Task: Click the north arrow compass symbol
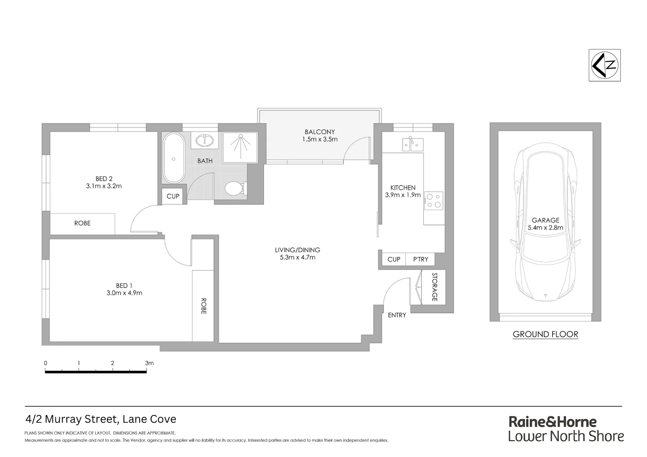pyautogui.click(x=605, y=65)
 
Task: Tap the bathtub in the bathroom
pyautogui.click(x=173, y=158)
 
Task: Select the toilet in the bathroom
pyautogui.click(x=235, y=188)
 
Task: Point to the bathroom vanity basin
pyautogui.click(x=205, y=140)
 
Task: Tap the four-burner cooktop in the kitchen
pyautogui.click(x=434, y=201)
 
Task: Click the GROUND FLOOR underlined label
pyautogui.click(x=545, y=334)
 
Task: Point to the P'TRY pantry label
pyautogui.click(x=420, y=259)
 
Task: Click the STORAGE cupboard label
pyautogui.click(x=434, y=287)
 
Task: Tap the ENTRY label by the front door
pyautogui.click(x=397, y=315)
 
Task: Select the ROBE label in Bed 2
pyautogui.click(x=82, y=223)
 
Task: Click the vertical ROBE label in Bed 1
pyautogui.click(x=203, y=306)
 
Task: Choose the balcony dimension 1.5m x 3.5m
pyautogui.click(x=320, y=139)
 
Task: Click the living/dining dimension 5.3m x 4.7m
pyautogui.click(x=297, y=257)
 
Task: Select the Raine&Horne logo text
pyautogui.click(x=552, y=422)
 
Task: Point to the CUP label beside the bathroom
pyautogui.click(x=173, y=196)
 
